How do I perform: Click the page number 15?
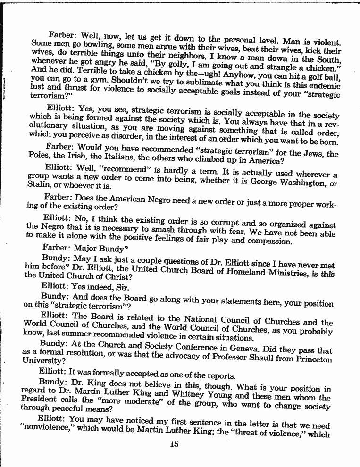coord(173,443)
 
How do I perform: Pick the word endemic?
coord(324,85)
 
